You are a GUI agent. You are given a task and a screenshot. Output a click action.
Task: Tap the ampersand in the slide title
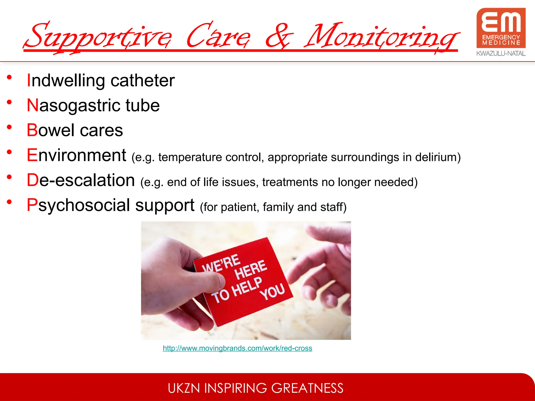(x=279, y=37)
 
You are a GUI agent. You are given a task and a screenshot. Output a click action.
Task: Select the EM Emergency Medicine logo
(x=501, y=28)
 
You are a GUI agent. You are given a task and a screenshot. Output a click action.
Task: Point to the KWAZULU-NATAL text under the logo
(x=501, y=54)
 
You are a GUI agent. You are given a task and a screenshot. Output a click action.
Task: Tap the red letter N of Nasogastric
(x=33, y=105)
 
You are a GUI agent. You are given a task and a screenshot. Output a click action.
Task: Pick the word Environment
(x=77, y=155)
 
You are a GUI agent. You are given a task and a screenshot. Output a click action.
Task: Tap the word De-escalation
(x=81, y=180)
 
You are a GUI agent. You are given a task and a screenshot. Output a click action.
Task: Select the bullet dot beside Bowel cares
(x=9, y=127)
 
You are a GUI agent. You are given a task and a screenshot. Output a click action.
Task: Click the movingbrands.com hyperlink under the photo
(x=237, y=348)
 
